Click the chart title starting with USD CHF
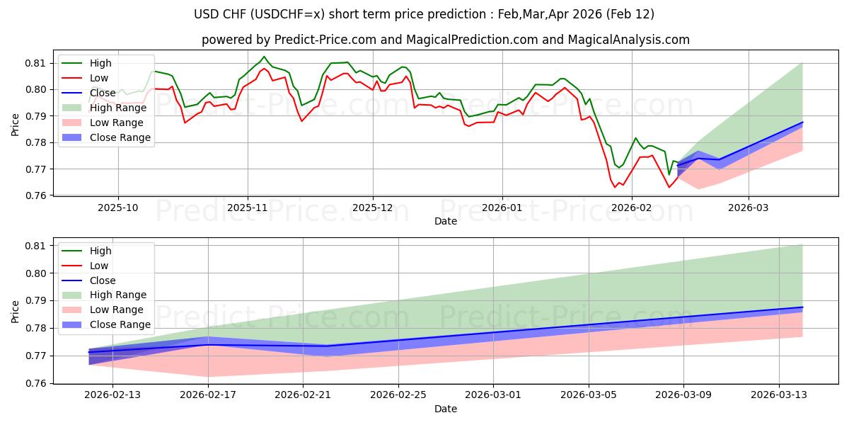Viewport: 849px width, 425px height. coord(424,14)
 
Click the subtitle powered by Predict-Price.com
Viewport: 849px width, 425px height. coord(445,40)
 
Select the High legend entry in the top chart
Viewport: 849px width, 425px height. coord(100,63)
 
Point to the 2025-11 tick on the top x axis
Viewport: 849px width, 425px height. coord(248,208)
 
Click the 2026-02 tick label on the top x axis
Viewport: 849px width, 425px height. coord(631,208)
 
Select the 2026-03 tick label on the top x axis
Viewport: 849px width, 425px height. coord(749,208)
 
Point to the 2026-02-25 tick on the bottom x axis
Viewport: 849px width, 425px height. coord(398,396)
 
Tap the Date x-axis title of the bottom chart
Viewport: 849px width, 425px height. coord(445,409)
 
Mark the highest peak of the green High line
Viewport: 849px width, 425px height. coord(264,57)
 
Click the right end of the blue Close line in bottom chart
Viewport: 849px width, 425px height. coord(802,307)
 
